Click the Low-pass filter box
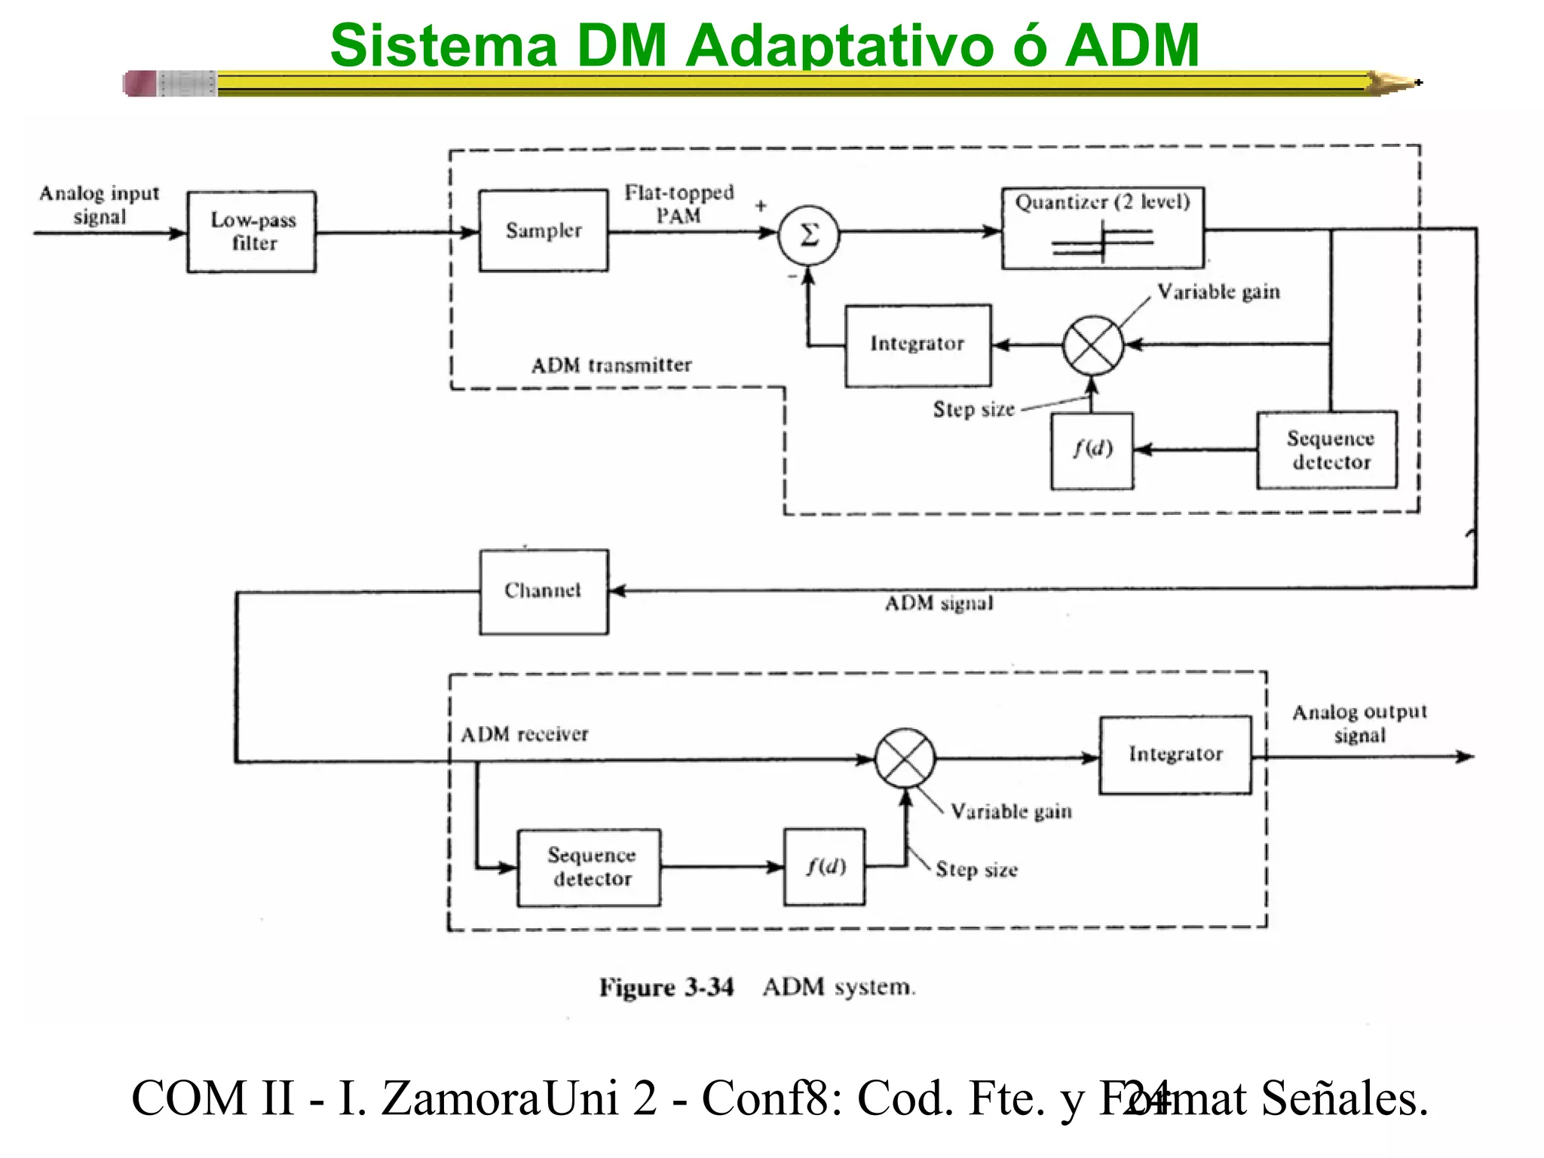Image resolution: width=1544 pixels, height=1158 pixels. point(252,231)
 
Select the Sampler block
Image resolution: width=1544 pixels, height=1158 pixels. point(544,231)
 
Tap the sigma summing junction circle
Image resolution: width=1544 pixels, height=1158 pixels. point(808,235)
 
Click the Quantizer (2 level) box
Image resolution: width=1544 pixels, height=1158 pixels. point(1102,228)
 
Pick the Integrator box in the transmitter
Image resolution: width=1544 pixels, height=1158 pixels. point(918,345)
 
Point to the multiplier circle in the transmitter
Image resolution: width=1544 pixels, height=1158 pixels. point(1092,345)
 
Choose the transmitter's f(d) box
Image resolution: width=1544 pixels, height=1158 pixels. point(1092,450)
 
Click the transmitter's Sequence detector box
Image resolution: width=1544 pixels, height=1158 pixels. point(1327,450)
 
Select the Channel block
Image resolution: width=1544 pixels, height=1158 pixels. point(544,591)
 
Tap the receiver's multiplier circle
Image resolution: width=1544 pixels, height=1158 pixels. point(905,758)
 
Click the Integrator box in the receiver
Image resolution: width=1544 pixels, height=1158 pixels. point(1175,755)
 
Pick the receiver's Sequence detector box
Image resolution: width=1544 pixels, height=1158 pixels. point(589,867)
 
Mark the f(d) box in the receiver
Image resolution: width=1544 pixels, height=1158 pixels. point(825,867)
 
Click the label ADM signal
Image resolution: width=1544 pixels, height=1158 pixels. point(939,604)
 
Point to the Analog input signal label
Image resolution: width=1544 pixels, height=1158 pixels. point(99,205)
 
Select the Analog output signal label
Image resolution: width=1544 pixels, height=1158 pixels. point(1359,723)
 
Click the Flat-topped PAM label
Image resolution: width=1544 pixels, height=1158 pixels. point(679,204)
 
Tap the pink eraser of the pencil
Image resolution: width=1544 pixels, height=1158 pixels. point(140,84)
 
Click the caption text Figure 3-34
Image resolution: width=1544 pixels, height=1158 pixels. point(666,987)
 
